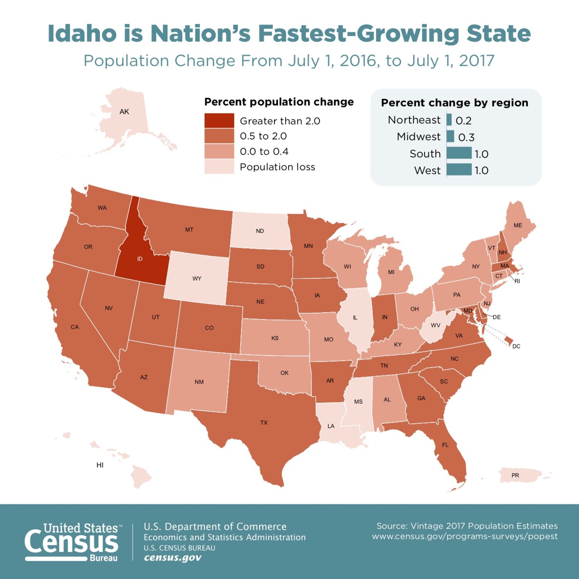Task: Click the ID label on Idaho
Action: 140,259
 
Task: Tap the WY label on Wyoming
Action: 197,279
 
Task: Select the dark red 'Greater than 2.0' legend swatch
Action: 219,121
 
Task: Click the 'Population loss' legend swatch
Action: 219,167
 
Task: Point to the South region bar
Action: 459,153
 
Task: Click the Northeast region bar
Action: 449,120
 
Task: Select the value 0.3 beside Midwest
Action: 466,137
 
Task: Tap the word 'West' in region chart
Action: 427,170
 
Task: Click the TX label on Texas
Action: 264,423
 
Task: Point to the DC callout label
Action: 516,346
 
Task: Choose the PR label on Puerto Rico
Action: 515,476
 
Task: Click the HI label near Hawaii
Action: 100,465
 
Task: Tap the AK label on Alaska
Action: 124,111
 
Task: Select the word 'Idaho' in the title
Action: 82,34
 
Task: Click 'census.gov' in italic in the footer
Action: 173,558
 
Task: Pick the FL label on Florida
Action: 445,445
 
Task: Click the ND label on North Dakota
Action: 260,231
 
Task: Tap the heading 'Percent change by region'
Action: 454,103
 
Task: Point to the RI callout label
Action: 517,281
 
